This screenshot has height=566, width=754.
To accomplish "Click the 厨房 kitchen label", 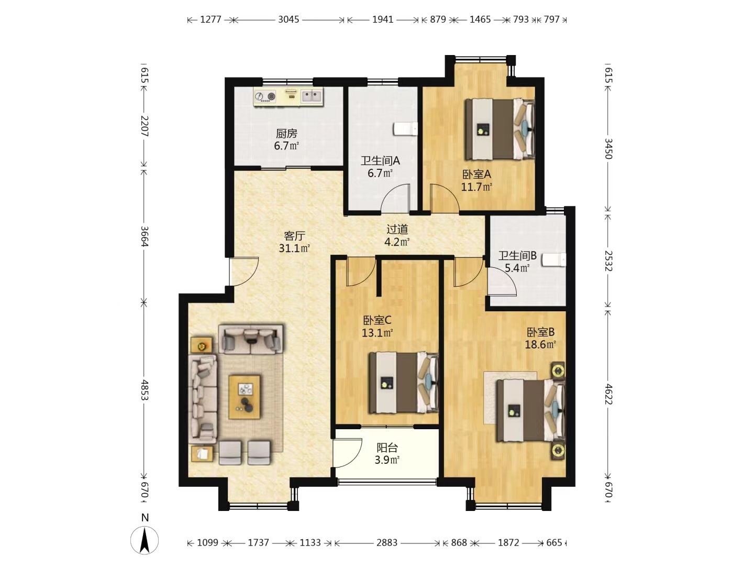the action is [286, 133].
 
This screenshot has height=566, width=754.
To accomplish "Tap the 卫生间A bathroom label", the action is [380, 160].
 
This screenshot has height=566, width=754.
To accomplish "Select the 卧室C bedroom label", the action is [377, 320].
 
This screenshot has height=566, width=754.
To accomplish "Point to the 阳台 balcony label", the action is [387, 448].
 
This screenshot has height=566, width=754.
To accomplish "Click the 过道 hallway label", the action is [397, 229].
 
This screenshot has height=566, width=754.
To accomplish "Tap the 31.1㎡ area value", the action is [294, 248].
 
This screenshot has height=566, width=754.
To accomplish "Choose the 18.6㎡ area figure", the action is [540, 344].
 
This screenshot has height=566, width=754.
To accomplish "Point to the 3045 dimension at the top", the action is [289, 19].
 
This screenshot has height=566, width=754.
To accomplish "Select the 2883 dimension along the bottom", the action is [387, 542].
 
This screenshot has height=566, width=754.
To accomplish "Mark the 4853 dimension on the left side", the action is [145, 390].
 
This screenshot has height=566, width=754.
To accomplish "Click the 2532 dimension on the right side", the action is [608, 261].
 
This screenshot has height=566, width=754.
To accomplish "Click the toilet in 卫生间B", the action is [554, 260].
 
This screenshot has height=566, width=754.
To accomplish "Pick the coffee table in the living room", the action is [245, 397].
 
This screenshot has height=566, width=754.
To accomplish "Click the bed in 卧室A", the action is [500, 129].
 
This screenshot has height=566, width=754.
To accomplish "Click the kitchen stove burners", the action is [265, 96].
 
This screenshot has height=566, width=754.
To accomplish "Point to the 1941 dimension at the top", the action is [383, 19].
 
